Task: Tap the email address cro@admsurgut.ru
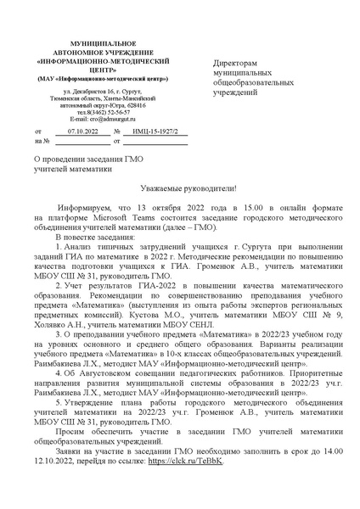pos(103,118)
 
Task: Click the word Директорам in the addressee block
pos(234,64)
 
